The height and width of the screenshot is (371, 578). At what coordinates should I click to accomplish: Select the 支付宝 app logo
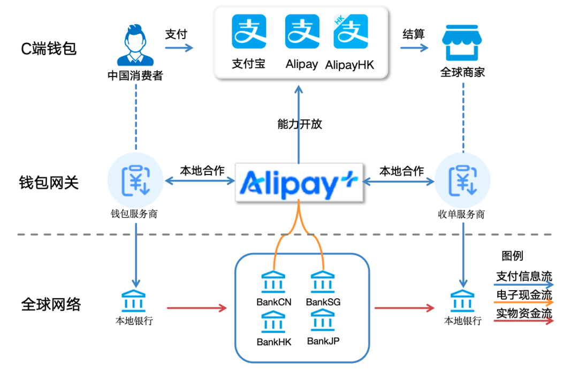coord(249,32)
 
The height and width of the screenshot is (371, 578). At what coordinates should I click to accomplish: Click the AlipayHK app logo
coord(351,32)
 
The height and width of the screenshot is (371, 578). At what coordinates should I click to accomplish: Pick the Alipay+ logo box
coord(298,184)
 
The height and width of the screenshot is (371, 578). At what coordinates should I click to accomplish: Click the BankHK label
coord(274,342)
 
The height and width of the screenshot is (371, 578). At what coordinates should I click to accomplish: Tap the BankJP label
coord(323,341)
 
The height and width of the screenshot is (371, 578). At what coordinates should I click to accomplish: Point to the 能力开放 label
coord(300,124)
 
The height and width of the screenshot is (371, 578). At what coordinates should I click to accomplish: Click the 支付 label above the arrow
coord(176,34)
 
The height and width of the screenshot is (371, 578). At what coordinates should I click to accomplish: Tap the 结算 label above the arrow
coord(413,34)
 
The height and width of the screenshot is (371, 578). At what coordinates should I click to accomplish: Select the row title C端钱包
coord(49,49)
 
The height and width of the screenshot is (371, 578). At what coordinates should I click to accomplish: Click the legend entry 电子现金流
coord(524,295)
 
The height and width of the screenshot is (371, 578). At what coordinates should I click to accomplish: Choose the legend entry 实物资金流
coord(524,313)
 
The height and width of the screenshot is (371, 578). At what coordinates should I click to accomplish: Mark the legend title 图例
coord(512,256)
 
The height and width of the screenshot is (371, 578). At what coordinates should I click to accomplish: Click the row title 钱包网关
coord(49,183)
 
